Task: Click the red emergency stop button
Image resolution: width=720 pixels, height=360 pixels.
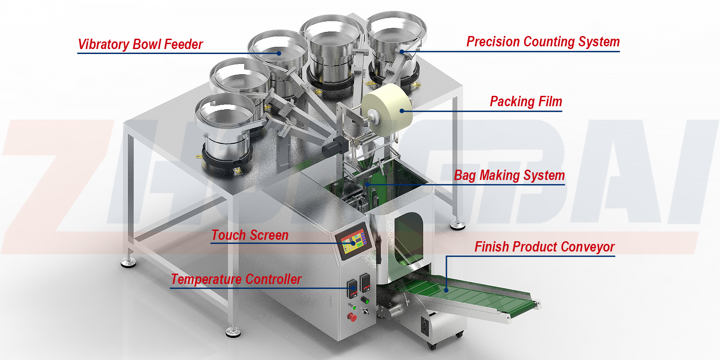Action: [x=352, y=317]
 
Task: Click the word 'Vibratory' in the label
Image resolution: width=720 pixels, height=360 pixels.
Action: [x=103, y=45]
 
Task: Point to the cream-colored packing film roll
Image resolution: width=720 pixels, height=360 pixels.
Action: [x=387, y=110]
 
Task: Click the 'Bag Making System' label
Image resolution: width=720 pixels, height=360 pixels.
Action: [x=509, y=175]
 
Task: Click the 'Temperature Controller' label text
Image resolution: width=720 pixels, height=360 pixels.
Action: [x=236, y=279]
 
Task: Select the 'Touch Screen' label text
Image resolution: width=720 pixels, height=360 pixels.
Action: [x=250, y=235]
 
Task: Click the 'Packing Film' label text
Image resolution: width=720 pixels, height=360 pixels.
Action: [x=526, y=102]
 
